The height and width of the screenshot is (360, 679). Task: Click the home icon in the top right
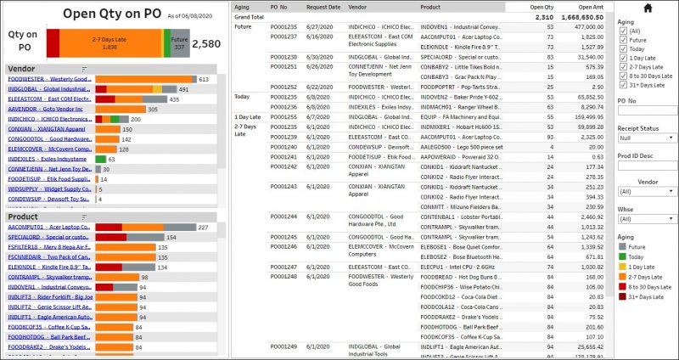point(648,8)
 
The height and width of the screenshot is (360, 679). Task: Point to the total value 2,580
point(206,43)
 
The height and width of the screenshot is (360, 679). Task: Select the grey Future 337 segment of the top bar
point(179,42)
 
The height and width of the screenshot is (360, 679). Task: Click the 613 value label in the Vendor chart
point(203,79)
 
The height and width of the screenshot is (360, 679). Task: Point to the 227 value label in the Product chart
point(203,228)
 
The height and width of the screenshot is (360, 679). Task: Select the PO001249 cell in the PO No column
point(283,346)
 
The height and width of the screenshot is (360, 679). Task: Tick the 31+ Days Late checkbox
point(624,85)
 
